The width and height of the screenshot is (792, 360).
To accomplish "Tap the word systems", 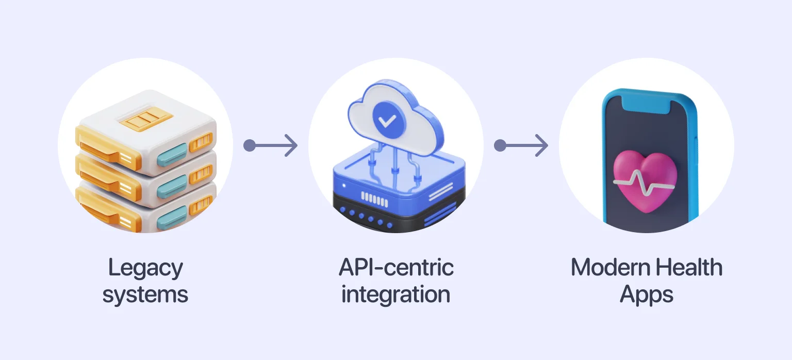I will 145,295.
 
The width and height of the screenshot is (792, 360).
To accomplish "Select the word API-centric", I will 396,268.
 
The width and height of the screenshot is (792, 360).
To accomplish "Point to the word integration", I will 396,295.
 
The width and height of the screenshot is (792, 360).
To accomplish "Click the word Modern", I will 605,268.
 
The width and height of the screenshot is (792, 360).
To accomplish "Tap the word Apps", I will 647,295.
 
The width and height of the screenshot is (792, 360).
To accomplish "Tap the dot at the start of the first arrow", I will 250,145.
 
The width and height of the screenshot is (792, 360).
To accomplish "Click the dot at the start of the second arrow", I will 500,145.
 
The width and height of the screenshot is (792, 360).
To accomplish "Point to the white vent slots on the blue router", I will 375,197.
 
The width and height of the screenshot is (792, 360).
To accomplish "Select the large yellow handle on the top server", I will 103,145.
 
